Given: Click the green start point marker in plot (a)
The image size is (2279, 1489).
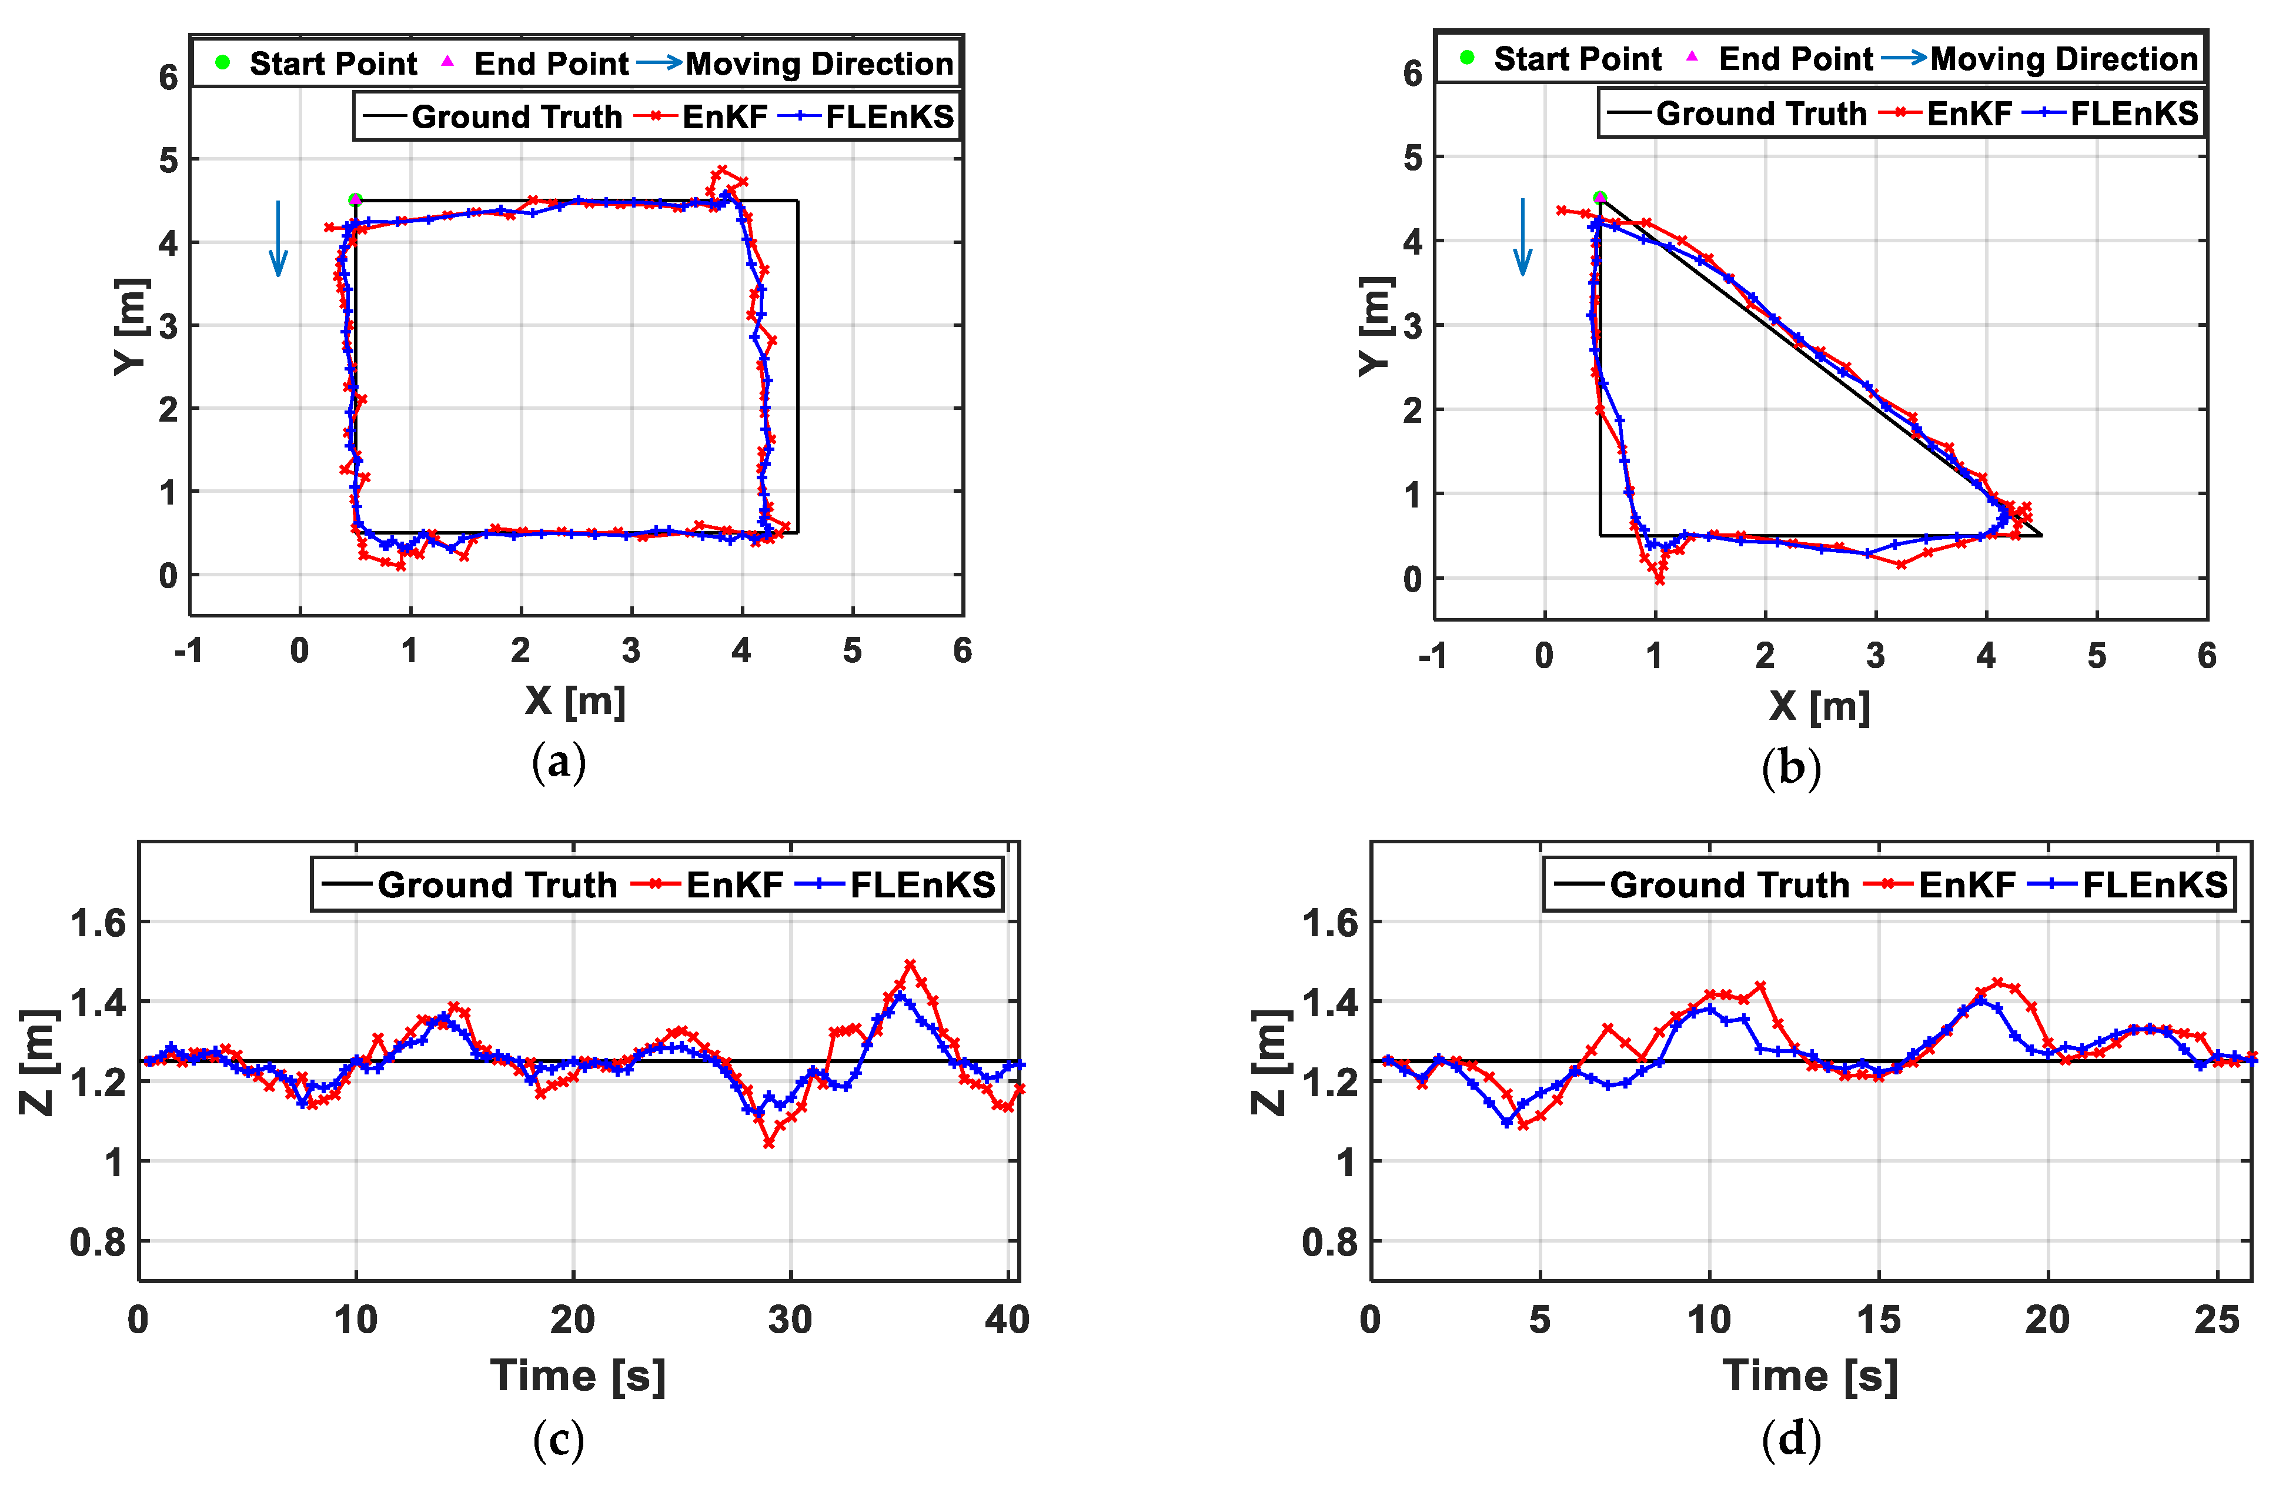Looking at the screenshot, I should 355,200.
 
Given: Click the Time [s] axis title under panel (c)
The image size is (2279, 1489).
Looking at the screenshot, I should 577,1376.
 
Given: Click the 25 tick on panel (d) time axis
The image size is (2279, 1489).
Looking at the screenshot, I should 2217,1320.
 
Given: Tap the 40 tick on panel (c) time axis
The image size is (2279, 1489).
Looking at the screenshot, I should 1007,1320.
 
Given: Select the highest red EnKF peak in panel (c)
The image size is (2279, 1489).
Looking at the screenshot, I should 910,965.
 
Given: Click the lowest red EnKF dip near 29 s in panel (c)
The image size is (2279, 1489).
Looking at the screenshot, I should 769,1143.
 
